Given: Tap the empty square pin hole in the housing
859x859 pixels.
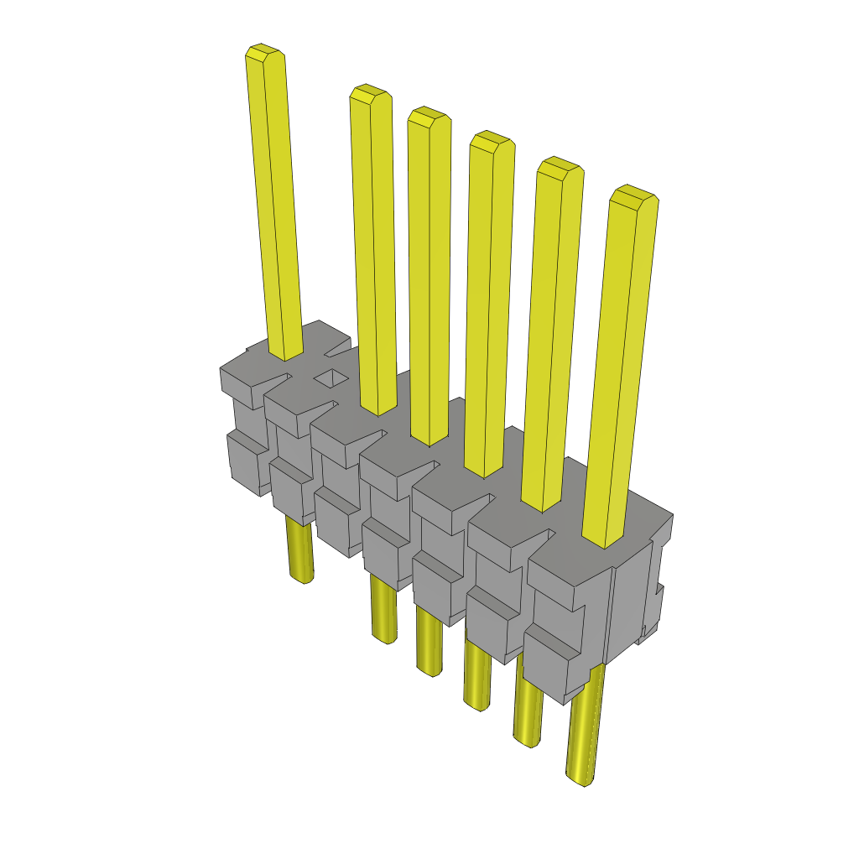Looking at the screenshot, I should pos(331,377).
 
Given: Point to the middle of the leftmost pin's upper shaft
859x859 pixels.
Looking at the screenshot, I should pos(274,201).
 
